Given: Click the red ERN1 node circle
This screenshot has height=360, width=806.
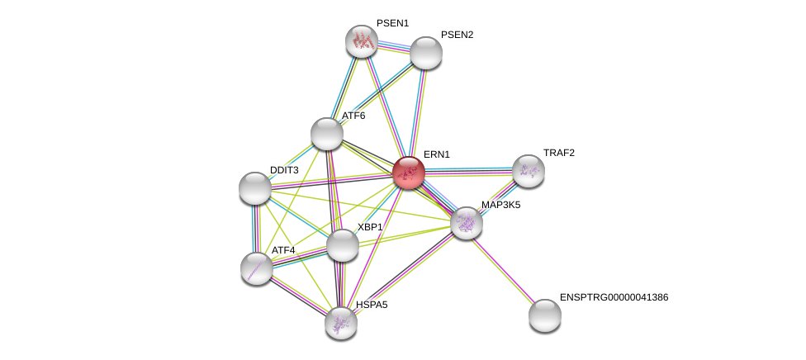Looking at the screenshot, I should (x=409, y=173).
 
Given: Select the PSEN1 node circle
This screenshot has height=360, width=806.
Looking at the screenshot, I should (x=361, y=41).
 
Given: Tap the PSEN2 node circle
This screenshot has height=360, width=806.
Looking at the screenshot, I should (x=426, y=53).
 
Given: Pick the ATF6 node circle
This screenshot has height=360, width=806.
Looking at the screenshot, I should (x=327, y=134).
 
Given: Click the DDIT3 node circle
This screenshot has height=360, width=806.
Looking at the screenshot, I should (x=255, y=188).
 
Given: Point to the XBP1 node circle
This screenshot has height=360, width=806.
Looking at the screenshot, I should (x=343, y=245).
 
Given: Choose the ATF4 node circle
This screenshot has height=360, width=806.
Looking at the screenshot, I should (x=257, y=268).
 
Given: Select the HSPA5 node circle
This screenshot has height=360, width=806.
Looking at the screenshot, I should (x=341, y=323).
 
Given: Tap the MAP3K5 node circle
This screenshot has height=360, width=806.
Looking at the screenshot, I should (x=467, y=223).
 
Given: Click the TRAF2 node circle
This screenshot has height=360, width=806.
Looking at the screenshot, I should (x=529, y=171).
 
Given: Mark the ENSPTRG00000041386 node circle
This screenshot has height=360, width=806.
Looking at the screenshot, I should (x=545, y=315).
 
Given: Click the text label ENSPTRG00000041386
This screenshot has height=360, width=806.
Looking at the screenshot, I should (x=614, y=297).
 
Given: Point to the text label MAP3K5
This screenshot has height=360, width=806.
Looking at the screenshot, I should (x=500, y=205).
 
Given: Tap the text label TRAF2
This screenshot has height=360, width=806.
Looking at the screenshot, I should (x=558, y=153).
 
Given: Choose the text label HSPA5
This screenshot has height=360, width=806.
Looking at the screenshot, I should (x=372, y=305).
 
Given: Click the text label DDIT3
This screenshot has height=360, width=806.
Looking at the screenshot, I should (x=284, y=170).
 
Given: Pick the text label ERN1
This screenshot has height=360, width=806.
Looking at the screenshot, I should (x=436, y=154).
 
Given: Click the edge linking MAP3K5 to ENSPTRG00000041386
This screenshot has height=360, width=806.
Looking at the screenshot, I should (x=505, y=268).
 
